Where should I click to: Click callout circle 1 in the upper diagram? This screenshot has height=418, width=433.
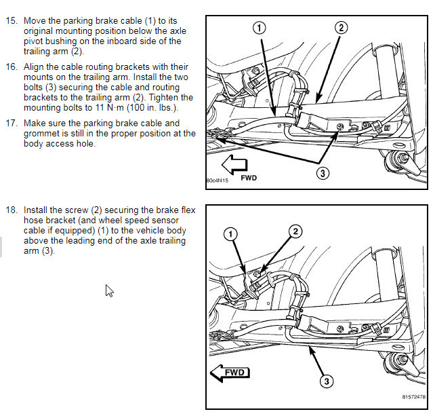click(260, 28)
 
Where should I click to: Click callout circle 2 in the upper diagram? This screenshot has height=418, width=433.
click(342, 27)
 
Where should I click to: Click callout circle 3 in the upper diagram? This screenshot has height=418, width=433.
click(323, 173)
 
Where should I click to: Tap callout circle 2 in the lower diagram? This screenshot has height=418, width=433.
click(295, 231)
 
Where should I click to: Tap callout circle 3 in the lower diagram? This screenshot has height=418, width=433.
click(327, 381)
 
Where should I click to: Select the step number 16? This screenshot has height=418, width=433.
click(12, 67)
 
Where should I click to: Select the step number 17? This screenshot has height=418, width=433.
click(12, 123)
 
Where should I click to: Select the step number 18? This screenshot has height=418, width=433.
click(12, 210)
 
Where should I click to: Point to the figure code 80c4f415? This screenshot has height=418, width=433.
click(219, 181)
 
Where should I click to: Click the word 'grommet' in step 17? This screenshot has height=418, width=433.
click(41, 133)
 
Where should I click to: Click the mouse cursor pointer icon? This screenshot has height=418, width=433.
click(109, 290)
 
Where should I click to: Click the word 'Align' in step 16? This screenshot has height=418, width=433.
click(35, 67)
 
